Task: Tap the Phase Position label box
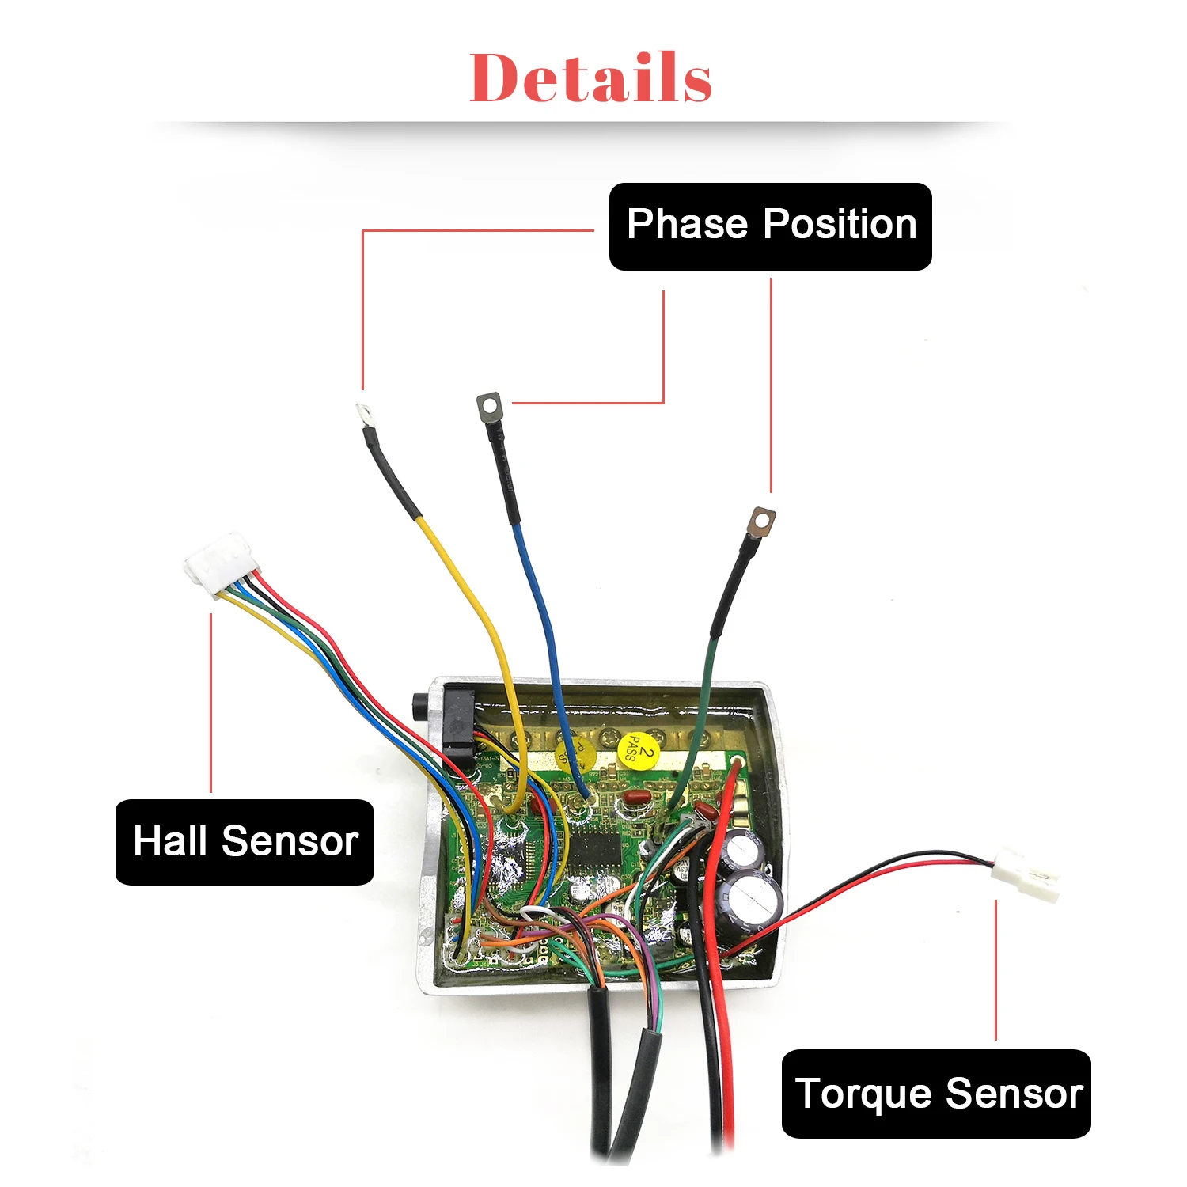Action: (x=770, y=226)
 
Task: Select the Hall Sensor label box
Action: (x=244, y=841)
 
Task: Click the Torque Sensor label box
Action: (x=935, y=1094)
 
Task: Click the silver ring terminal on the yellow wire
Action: (x=363, y=412)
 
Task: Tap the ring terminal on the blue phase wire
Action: (x=490, y=407)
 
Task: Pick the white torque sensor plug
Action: (x=1026, y=872)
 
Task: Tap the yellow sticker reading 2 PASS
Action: (x=637, y=749)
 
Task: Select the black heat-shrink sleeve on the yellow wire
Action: (x=391, y=473)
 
